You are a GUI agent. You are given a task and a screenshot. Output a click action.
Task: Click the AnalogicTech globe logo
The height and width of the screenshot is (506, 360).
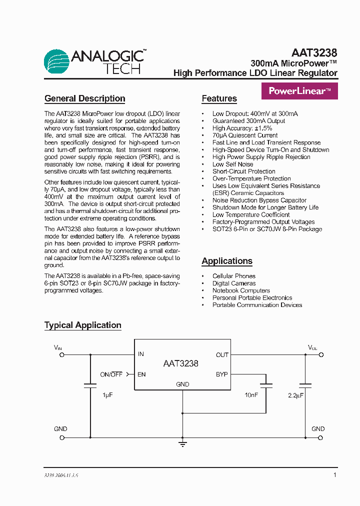pos(57,62)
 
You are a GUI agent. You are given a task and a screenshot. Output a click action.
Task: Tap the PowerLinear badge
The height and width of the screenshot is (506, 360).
pos(299,91)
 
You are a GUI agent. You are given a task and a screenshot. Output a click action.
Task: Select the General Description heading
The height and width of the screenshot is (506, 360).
pos(84,98)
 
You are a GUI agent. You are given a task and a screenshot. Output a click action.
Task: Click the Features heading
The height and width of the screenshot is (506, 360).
pos(219,98)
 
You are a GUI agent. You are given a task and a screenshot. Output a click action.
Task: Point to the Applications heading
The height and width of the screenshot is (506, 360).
pos(227,261)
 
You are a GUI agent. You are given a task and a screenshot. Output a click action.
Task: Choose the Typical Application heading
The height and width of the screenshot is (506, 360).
pos(83,325)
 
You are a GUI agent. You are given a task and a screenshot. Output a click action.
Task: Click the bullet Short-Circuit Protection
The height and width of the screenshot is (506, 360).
pos(244,171)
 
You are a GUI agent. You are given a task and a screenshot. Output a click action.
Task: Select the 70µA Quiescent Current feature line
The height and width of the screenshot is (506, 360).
pos(245,135)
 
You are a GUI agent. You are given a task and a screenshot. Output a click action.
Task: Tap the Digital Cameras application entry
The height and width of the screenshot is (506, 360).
pos(234,283)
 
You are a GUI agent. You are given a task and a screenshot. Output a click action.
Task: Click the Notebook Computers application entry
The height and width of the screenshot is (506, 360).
pos(241,290)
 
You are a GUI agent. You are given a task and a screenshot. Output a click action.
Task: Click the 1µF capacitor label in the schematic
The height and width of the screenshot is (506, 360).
pos(107,395)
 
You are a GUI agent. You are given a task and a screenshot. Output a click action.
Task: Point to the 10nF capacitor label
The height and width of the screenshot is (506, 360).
pos(251,395)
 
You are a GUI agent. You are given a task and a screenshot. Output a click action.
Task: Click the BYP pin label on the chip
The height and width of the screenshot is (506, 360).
pos(221,374)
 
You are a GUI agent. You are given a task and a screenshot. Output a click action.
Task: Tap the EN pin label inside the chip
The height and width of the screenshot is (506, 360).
pos(141,374)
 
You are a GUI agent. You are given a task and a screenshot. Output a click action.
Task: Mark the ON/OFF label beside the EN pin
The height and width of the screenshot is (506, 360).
pos(111,374)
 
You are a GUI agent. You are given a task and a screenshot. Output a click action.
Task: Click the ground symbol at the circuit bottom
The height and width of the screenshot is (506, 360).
pos(182,443)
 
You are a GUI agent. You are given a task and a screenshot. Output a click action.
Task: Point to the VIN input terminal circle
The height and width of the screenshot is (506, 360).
pos(62,354)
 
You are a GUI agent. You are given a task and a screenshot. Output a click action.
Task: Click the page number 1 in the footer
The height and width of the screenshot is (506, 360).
pos(334,475)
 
